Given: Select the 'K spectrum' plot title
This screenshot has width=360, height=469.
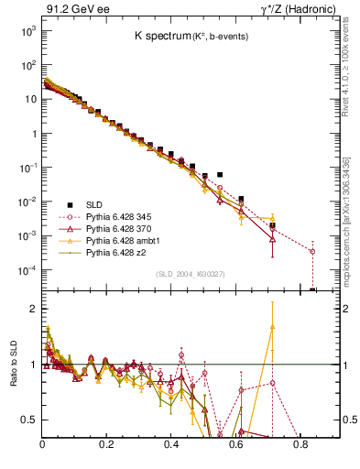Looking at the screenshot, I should pos(167,35).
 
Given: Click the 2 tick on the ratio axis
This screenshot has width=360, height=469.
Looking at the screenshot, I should pos(33,309).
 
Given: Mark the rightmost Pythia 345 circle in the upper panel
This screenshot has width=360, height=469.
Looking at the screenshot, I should pos(312,251).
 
